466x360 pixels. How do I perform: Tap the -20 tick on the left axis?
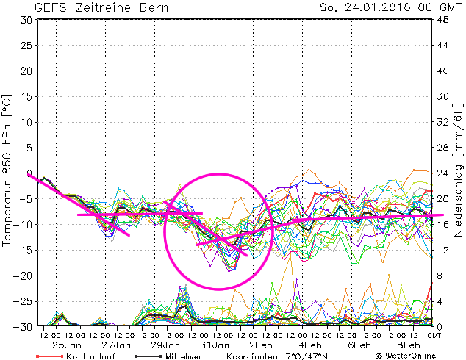point(24,276)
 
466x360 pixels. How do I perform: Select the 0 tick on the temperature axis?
point(29,173)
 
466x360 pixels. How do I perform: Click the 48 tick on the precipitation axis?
point(443,20)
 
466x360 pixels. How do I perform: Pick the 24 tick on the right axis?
point(443,173)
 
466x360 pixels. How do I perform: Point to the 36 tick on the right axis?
point(443,97)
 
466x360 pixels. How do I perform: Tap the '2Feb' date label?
point(262,345)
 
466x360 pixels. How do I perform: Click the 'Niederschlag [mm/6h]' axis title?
point(458,173)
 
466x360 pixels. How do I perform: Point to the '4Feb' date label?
point(310,345)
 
